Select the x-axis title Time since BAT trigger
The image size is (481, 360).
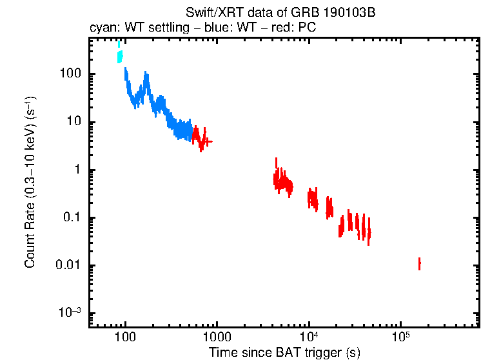tap(284, 352)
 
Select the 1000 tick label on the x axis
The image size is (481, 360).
tap(217, 337)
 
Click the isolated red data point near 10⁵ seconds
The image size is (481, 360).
tap(419, 264)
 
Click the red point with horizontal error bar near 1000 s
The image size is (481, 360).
tap(207, 141)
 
